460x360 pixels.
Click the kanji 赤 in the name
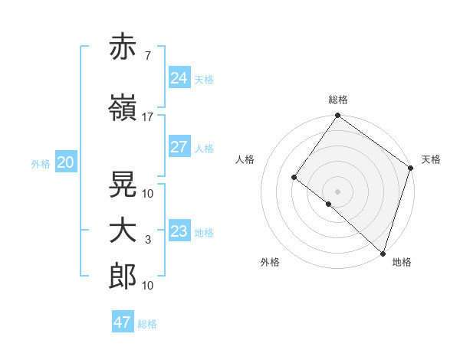pos(123,47)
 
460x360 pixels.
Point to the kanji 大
pos(123,231)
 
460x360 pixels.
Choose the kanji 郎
pos(123,277)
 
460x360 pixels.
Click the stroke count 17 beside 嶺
pos(147,117)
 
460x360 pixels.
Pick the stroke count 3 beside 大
pos(147,241)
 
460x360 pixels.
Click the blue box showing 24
pos(179,77)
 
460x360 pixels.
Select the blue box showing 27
pos(179,147)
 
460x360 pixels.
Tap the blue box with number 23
pos(179,231)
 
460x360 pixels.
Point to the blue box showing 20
pos(65,162)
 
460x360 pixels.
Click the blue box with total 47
pos(122,322)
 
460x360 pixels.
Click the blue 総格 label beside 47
pos(147,324)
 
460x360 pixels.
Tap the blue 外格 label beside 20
pos(41,164)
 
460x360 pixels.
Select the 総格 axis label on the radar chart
pos(337,100)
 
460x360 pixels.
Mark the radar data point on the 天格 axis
pos(410,168)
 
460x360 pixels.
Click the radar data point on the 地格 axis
pos(383,253)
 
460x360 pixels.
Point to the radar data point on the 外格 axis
pos(329,204)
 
